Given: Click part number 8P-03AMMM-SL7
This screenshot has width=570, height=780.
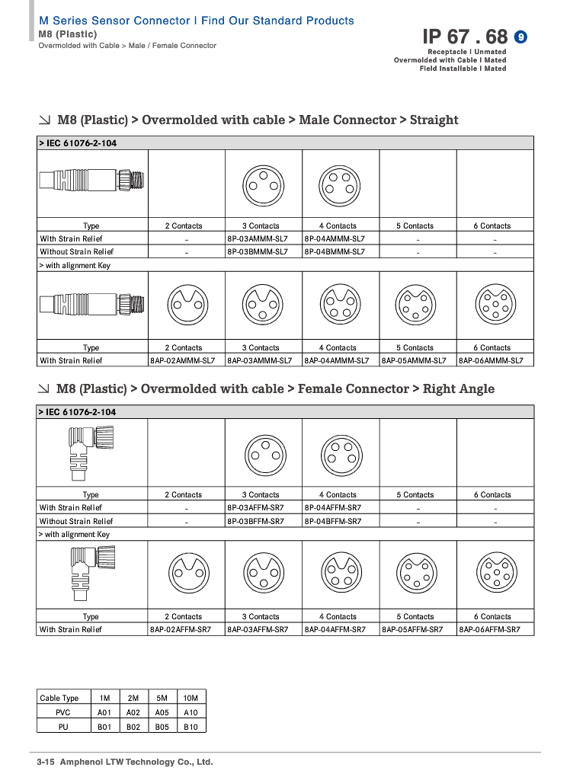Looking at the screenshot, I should click(x=258, y=238).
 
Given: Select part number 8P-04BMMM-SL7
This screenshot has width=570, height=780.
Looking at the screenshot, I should click(x=335, y=251).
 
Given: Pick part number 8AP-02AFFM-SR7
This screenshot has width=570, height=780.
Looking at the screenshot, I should click(x=181, y=629).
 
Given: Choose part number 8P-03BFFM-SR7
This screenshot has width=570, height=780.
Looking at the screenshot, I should click(x=255, y=521).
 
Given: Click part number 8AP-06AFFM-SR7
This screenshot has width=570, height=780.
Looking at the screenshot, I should click(x=489, y=629).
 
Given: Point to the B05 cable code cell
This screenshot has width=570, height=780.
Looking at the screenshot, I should click(x=162, y=727).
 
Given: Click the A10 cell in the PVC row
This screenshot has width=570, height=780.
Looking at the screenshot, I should click(x=191, y=712).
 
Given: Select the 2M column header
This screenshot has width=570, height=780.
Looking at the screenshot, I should click(x=133, y=698).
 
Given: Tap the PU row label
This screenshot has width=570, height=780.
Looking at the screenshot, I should click(x=63, y=727).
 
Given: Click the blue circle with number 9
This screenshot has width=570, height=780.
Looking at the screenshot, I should click(x=521, y=37).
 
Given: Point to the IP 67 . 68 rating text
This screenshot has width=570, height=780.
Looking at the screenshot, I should click(x=465, y=37).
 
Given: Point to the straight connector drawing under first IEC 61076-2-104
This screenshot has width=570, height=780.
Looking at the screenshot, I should click(x=92, y=183).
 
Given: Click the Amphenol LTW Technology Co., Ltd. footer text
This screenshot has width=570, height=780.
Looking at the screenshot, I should click(x=136, y=762).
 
